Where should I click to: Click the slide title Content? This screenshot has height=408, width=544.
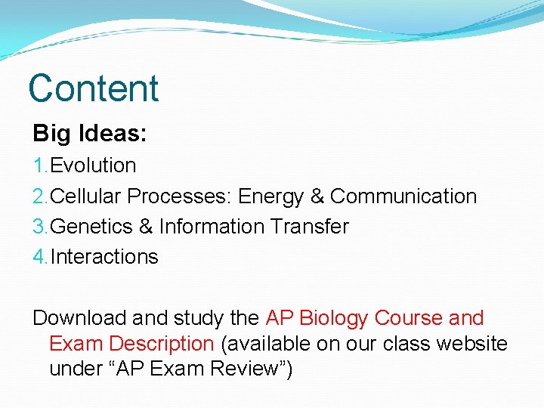point(94,88)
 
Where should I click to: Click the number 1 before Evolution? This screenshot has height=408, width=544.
point(38,165)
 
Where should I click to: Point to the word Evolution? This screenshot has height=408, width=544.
point(93,165)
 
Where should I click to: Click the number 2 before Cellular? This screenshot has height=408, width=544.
point(38,196)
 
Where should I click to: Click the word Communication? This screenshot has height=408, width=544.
point(403,196)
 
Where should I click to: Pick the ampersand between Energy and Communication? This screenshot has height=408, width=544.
point(317,196)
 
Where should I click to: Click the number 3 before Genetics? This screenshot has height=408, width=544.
point(38,227)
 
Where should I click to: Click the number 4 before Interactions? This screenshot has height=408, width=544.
point(38,257)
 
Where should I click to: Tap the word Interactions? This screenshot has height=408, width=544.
point(104,257)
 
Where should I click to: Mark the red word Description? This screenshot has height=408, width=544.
point(161,344)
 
